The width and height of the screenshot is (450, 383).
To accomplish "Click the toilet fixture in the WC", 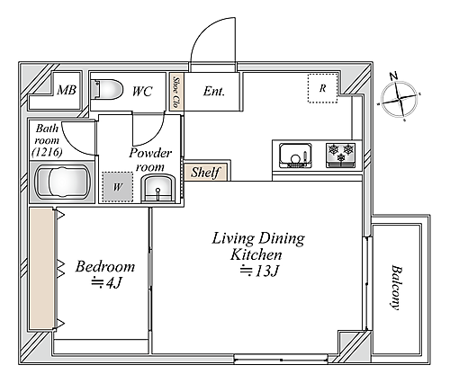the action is click(x=107, y=89).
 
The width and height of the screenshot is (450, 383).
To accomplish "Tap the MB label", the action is click(x=67, y=90).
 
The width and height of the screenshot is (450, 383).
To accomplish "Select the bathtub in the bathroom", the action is click(x=63, y=182).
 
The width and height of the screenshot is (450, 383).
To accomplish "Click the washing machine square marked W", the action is click(x=118, y=187).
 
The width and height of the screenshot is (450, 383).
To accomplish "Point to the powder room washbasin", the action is click(x=158, y=188).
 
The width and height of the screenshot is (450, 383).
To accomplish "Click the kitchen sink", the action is click(x=295, y=156).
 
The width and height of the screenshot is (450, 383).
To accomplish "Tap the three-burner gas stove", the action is click(x=341, y=156).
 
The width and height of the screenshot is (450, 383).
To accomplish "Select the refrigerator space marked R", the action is click(x=323, y=88).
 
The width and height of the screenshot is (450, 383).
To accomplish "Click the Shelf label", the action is click(x=206, y=173).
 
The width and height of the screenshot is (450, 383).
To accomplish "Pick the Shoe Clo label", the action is click(x=176, y=92).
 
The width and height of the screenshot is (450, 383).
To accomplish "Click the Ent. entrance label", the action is click(x=214, y=91).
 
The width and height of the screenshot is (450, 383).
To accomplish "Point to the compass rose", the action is click(x=399, y=98).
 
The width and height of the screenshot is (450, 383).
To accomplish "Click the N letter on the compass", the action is click(x=393, y=76).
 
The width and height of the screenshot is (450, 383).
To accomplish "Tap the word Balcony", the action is click(x=395, y=287).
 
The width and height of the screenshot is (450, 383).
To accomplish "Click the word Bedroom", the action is click(x=105, y=266).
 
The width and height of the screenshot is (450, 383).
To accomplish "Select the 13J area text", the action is click(x=260, y=271).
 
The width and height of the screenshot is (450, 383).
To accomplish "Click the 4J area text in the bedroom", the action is click(x=107, y=283).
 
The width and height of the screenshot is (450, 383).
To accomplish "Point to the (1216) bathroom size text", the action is click(x=47, y=153).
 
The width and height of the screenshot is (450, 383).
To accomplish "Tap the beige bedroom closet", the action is click(x=41, y=268).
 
